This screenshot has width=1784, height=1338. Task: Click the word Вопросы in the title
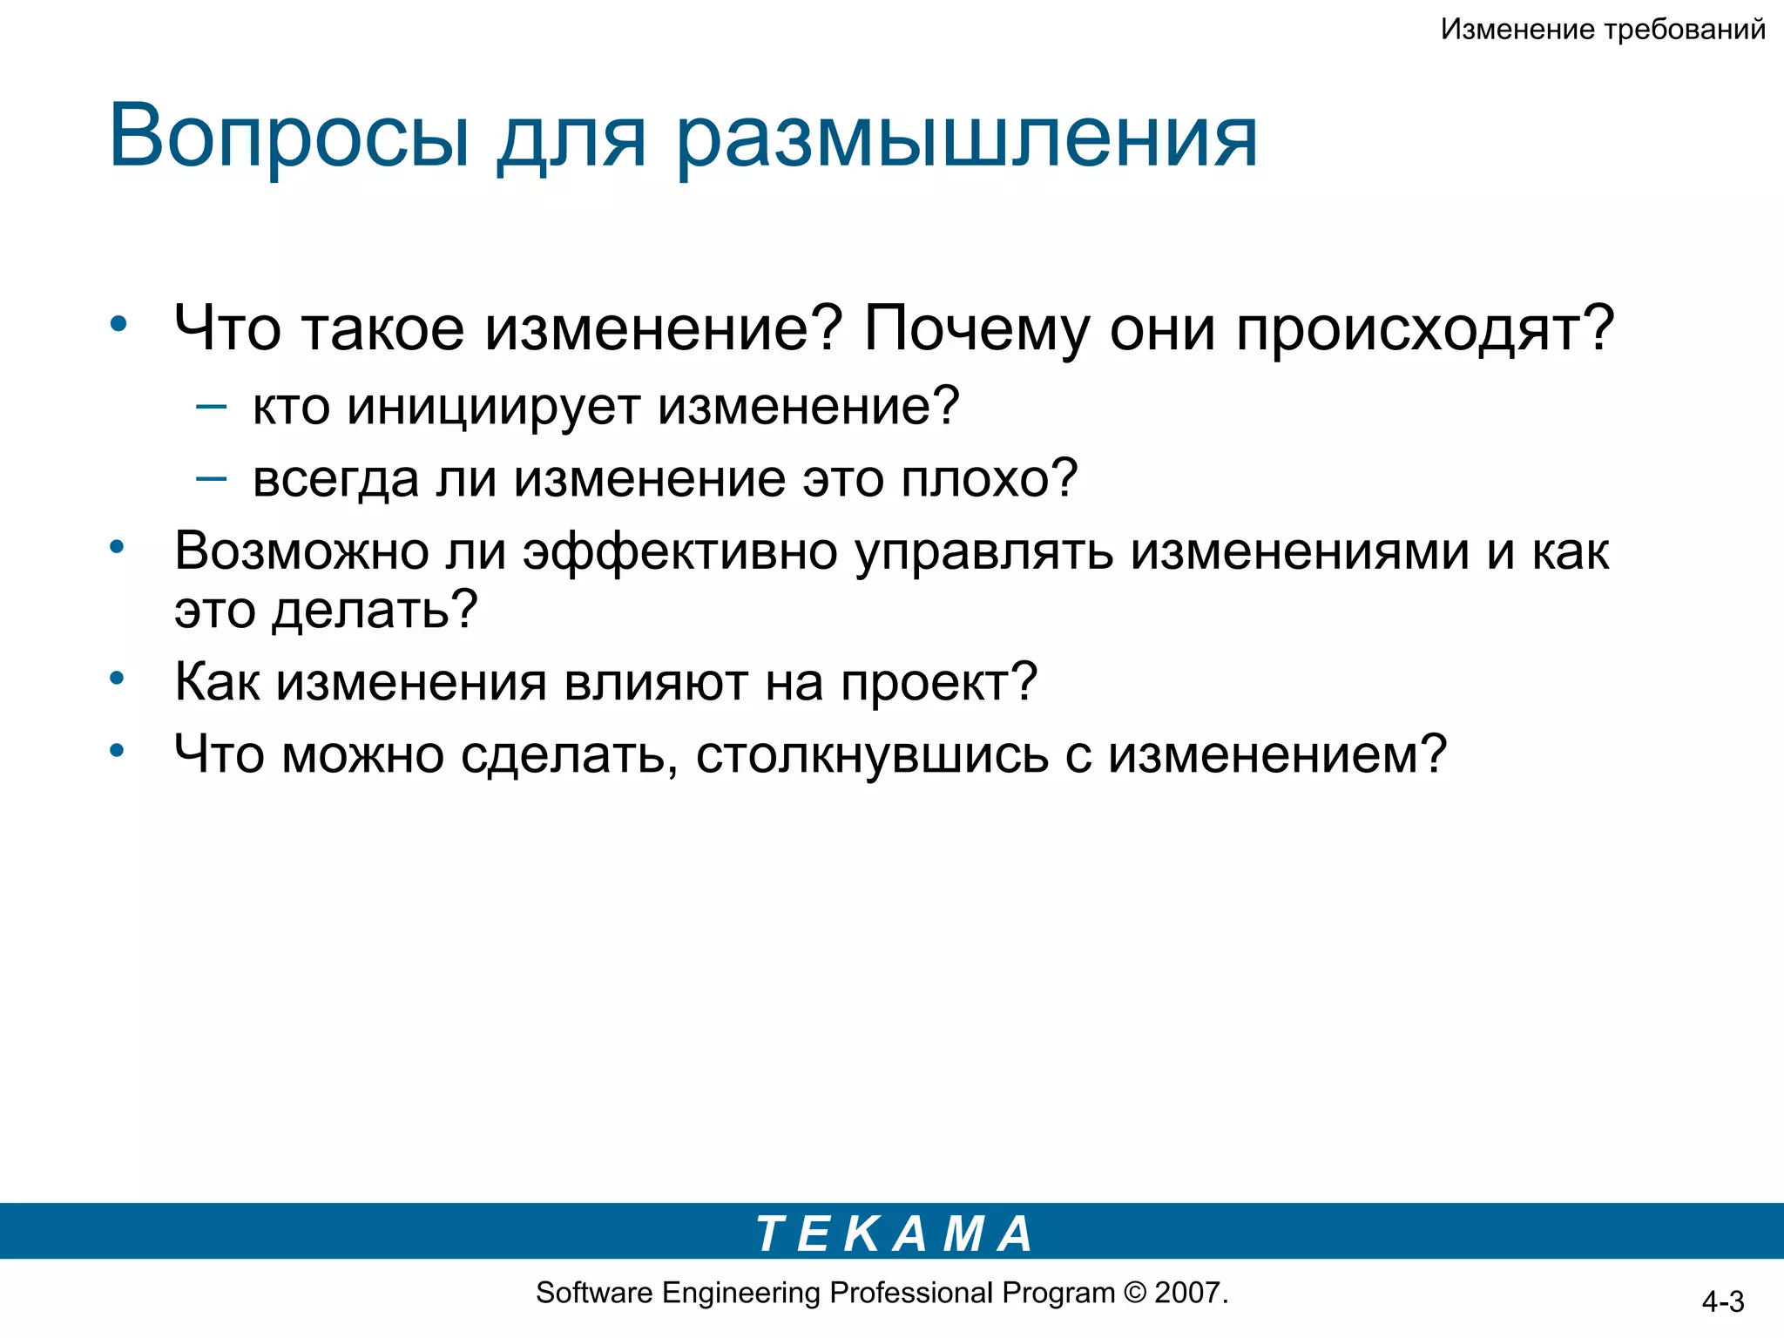tap(288, 138)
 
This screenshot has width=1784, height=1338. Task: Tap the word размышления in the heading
tap(967, 139)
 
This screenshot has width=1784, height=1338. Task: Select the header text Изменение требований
tap(1603, 30)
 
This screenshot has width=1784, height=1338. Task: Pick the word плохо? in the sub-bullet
tap(990, 479)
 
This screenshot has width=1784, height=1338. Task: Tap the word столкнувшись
tap(872, 754)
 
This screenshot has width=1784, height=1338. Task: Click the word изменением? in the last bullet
tap(1277, 754)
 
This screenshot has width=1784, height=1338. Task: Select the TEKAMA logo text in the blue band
tap(894, 1233)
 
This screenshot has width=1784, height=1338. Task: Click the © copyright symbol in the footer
tap(1135, 1293)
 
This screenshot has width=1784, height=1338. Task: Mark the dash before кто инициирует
tap(212, 405)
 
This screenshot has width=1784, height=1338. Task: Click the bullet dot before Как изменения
tap(118, 678)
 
